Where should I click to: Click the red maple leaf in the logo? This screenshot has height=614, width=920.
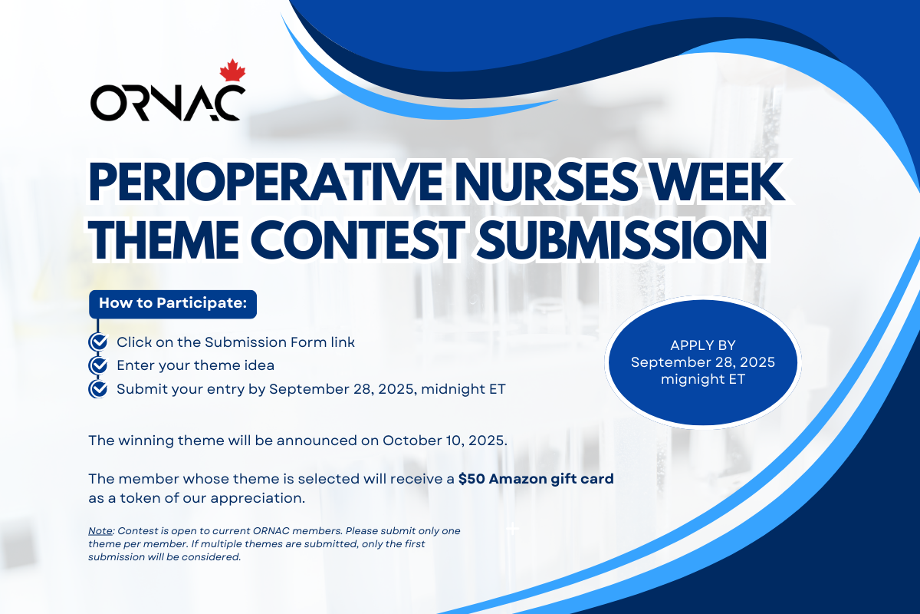tap(232, 71)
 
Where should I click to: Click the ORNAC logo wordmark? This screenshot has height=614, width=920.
tap(168, 103)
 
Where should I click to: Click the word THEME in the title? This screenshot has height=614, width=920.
tap(164, 239)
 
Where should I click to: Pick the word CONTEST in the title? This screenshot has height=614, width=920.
tap(358, 239)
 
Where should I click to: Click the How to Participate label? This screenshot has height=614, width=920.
tap(173, 303)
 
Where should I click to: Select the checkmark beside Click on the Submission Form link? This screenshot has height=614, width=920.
tap(99, 342)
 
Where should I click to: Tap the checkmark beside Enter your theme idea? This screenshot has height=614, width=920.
tap(99, 365)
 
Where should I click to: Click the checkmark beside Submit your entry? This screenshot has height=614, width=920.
tap(99, 388)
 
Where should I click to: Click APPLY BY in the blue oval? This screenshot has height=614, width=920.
tap(703, 345)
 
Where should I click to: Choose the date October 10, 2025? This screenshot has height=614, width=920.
tap(443, 441)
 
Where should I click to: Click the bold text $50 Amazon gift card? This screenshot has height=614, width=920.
tap(536, 479)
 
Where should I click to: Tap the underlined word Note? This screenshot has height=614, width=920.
tap(100, 530)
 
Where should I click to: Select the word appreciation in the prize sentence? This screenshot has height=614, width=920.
tap(258, 498)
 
